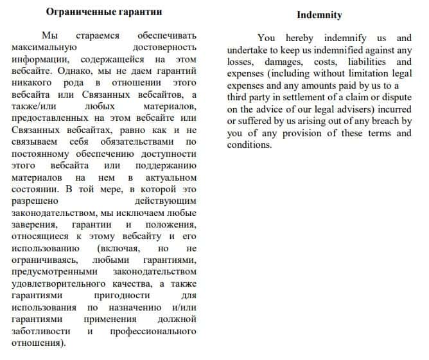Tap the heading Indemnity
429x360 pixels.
tap(319, 15)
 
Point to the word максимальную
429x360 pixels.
tap(44, 47)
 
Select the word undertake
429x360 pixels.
tap(250, 50)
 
